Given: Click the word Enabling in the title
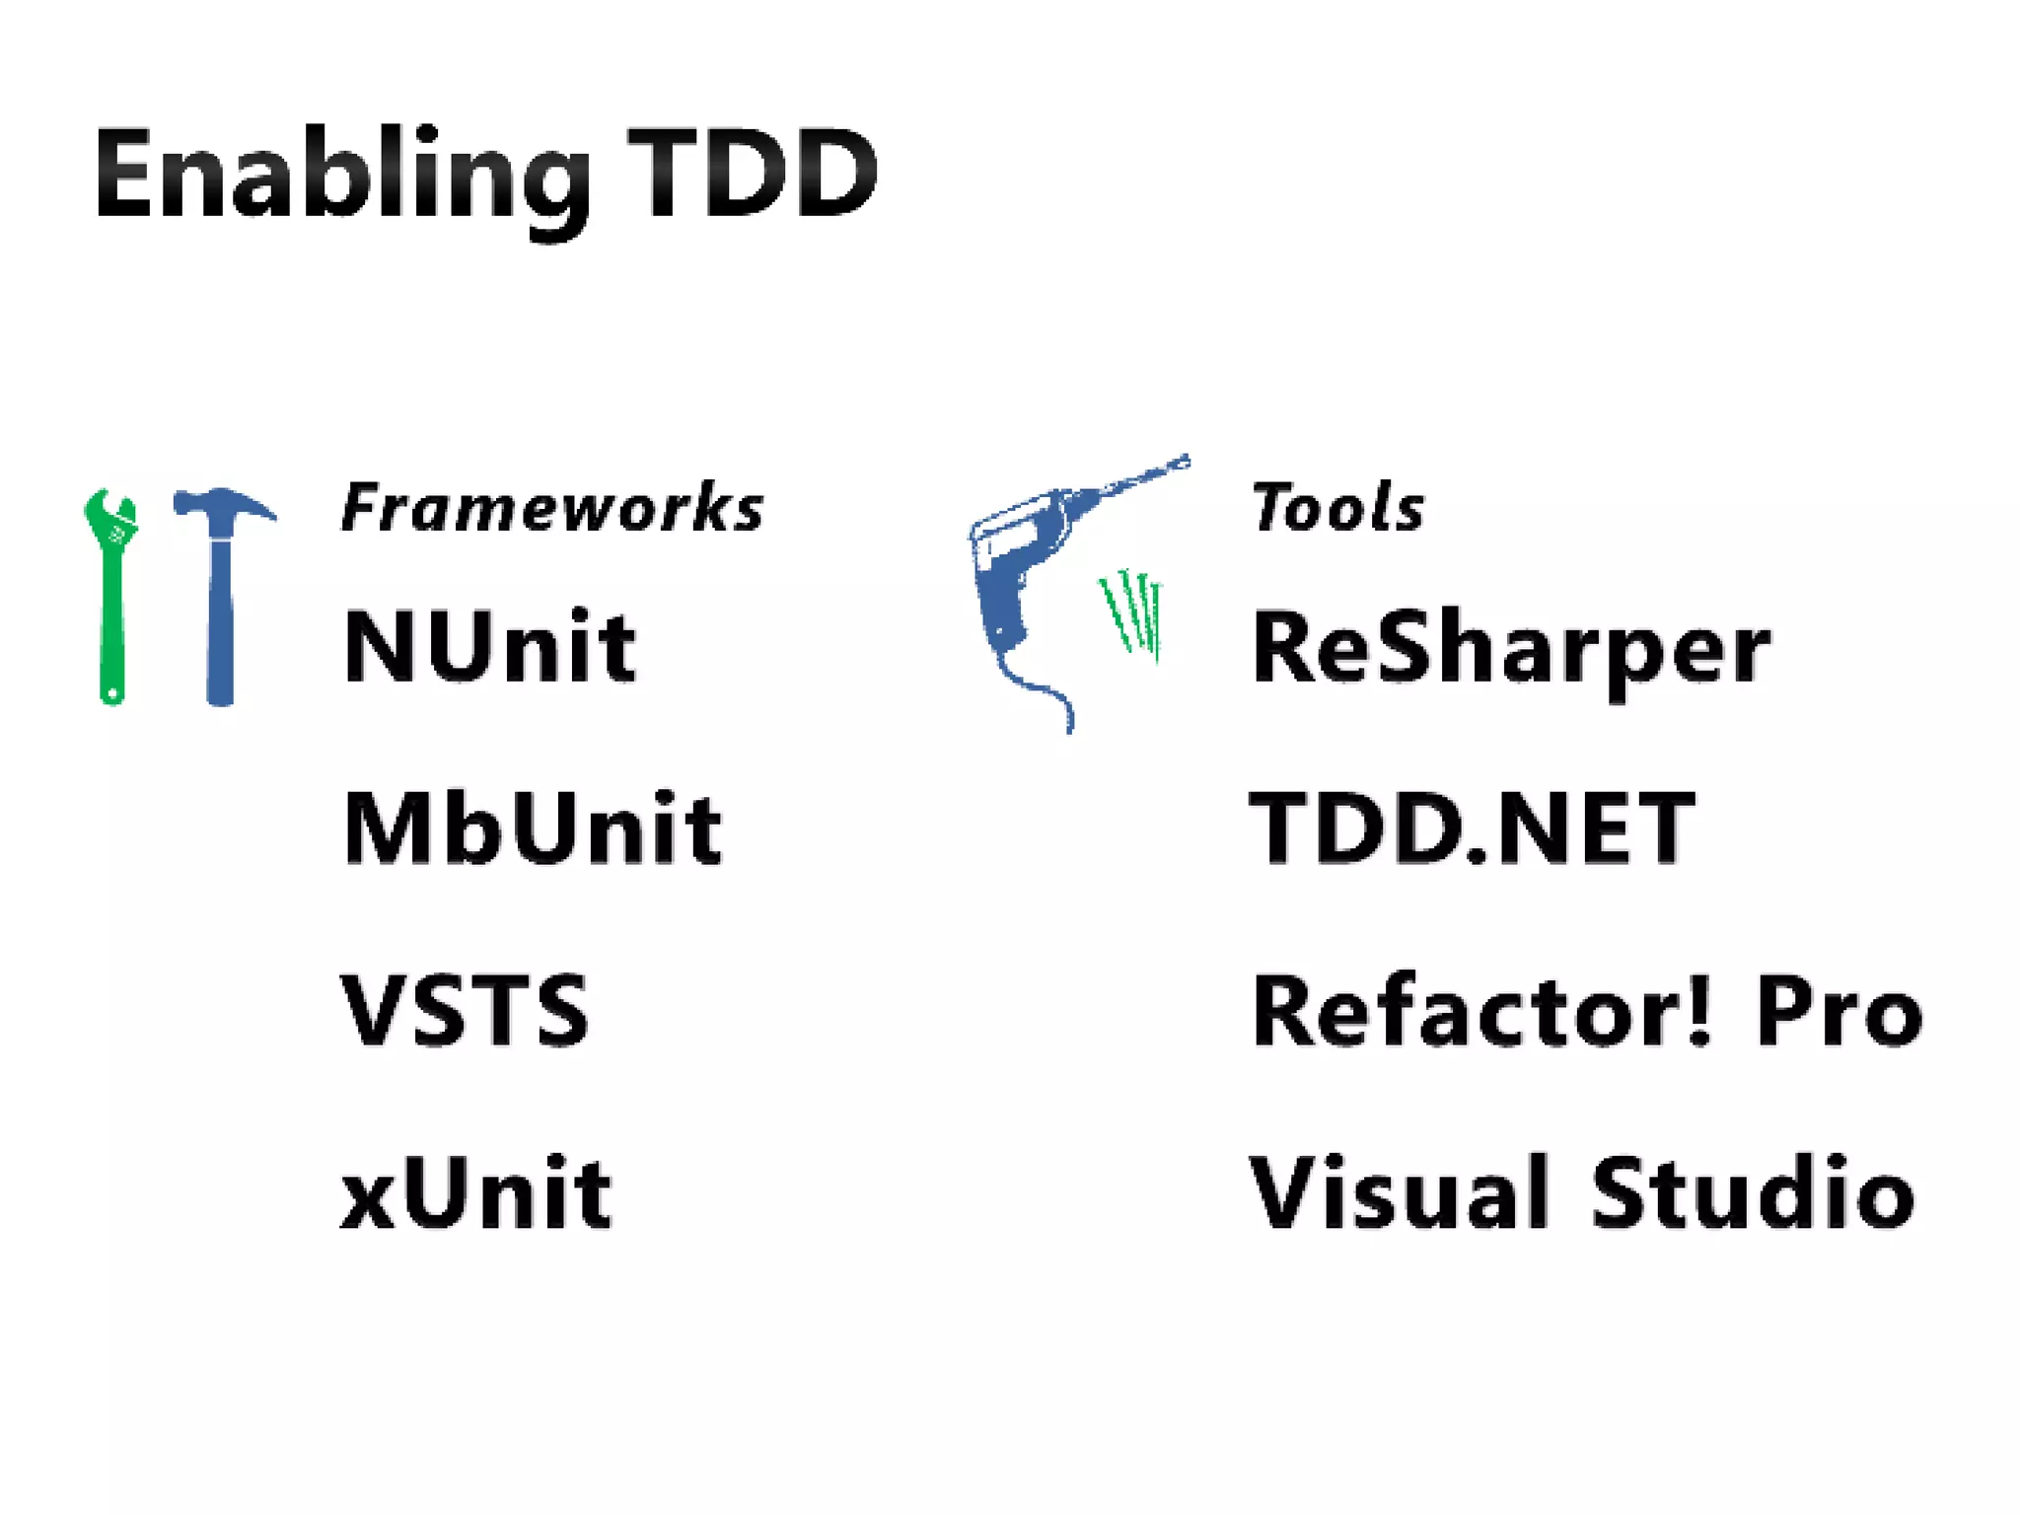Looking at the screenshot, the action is point(341,176).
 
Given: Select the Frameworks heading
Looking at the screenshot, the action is point(552,509).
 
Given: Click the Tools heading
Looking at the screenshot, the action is point(1337,509).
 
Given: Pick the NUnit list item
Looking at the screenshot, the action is point(489,647).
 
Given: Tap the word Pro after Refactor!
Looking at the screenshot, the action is point(1839,1011).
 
